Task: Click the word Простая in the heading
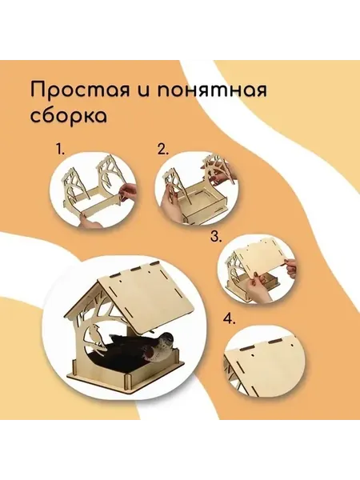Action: (80, 90)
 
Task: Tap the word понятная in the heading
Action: (211, 90)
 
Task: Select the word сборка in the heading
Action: (69, 116)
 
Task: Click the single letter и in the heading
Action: (143, 91)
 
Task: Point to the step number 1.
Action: (60, 149)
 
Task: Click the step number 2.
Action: (163, 149)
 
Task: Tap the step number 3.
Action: (216, 236)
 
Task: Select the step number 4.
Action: (230, 319)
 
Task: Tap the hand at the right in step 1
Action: (128, 192)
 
